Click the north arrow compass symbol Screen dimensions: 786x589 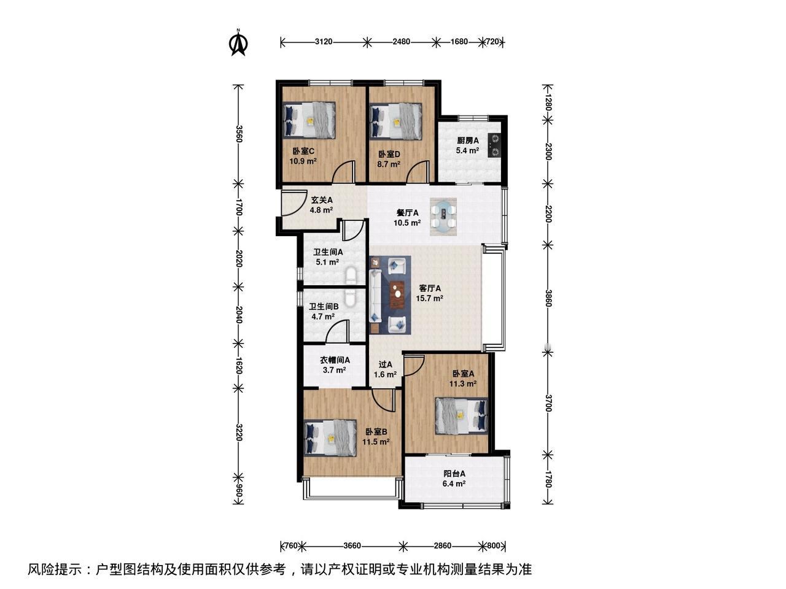(238, 43)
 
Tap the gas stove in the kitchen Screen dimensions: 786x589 (494, 145)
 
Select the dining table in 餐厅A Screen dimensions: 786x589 (444, 217)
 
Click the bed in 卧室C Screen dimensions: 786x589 (309, 120)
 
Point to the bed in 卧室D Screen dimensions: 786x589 (395, 121)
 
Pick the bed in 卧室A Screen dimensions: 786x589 (462, 416)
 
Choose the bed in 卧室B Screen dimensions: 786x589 (330, 438)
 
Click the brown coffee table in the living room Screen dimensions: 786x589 (397, 294)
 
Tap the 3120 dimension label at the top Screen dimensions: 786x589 (324, 42)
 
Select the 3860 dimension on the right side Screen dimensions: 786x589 (548, 298)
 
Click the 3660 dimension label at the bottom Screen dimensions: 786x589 (352, 545)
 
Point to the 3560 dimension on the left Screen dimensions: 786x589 (239, 134)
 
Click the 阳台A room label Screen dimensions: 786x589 (454, 474)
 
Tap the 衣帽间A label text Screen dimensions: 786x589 (335, 360)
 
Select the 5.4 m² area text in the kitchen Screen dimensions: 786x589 (467, 150)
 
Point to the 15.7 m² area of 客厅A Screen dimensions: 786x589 (429, 298)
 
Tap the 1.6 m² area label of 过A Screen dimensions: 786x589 (385, 375)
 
